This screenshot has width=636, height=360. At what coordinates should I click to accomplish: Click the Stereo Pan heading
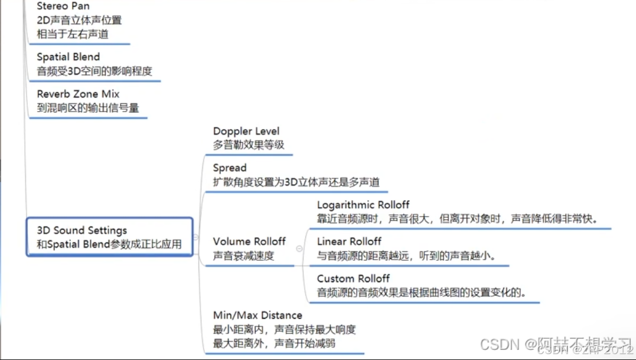point(63,6)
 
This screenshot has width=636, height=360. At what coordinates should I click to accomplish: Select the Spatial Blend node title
point(68,57)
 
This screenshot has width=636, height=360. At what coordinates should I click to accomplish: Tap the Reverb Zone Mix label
point(78,94)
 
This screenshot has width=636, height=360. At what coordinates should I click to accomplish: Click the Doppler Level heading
point(246,131)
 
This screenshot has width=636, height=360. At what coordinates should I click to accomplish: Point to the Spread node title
point(230,168)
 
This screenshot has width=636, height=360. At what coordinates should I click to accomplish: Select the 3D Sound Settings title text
point(81,230)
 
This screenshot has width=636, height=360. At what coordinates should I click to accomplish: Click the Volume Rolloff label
point(249,241)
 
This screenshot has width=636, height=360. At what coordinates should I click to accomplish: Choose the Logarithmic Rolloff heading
point(363,205)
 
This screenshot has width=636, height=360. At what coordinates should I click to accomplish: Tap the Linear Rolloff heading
point(349,241)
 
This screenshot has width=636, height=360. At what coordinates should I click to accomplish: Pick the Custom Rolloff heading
point(353,279)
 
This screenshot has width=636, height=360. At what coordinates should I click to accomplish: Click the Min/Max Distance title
point(257,315)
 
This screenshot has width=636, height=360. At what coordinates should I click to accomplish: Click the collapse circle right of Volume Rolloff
point(299,249)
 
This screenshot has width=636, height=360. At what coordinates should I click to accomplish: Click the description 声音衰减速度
point(243,256)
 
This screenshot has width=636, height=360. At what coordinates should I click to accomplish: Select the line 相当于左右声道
point(72,34)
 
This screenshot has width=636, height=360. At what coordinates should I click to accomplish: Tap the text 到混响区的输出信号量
point(87,108)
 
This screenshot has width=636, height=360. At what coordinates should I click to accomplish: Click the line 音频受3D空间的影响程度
point(94,71)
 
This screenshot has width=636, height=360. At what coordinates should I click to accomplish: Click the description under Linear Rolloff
point(406,256)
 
